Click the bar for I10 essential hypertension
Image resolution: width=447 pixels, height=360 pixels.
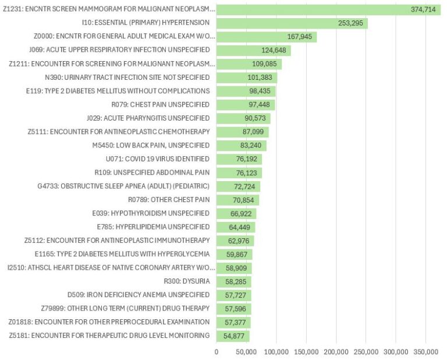click(291, 23)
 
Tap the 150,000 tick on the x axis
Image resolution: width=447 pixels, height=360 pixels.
click(306, 352)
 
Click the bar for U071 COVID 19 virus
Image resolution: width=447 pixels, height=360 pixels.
click(239, 159)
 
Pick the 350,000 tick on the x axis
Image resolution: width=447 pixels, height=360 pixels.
click(425, 352)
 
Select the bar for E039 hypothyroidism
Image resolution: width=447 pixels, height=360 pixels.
click(236, 213)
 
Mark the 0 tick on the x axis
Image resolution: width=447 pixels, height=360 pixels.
click(217, 352)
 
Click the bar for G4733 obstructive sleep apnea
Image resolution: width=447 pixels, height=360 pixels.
click(237, 186)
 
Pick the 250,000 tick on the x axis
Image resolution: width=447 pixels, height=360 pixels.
click(366, 352)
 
